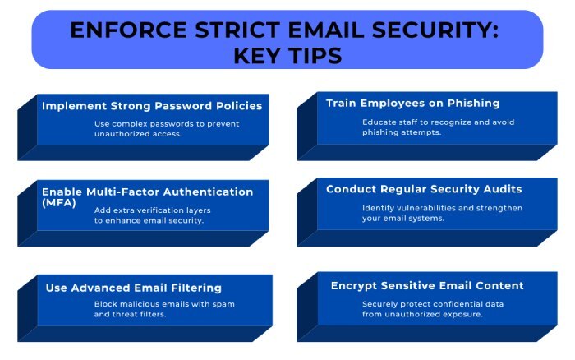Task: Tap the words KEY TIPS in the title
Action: click(x=287, y=56)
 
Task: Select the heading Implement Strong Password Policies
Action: click(x=152, y=105)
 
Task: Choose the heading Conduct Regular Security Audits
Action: click(x=424, y=189)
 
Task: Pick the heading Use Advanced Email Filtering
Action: click(x=135, y=288)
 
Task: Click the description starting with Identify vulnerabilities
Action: click(x=442, y=213)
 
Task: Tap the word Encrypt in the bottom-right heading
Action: click(x=354, y=285)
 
